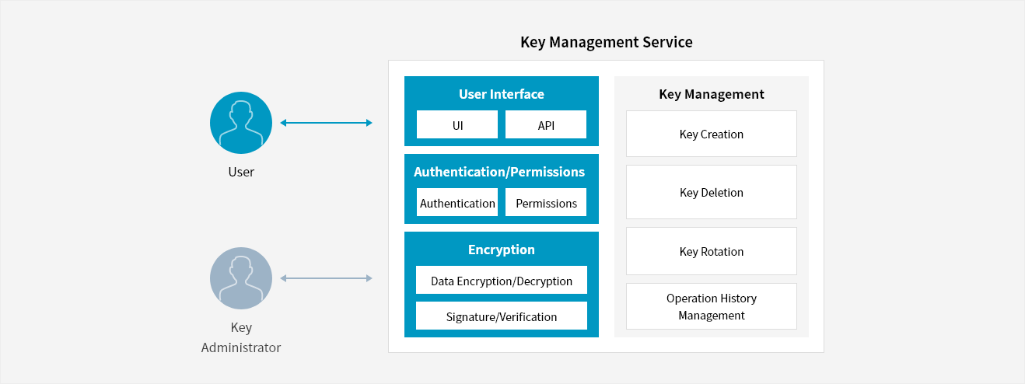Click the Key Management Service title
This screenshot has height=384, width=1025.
click(x=606, y=42)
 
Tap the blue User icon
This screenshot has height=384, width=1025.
click(x=241, y=123)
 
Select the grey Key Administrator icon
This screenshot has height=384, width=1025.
click(x=241, y=278)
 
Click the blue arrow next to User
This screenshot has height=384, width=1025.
click(x=326, y=123)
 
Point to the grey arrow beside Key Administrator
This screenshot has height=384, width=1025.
click(x=326, y=278)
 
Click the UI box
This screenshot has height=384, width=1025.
click(x=457, y=125)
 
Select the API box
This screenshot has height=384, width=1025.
click(x=546, y=125)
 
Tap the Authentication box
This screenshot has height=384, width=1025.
click(x=457, y=203)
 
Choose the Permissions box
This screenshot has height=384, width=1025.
click(x=546, y=203)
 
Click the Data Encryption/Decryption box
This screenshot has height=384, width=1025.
click(x=502, y=281)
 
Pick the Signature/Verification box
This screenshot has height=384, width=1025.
click(x=502, y=316)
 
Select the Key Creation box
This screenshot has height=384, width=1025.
click(x=711, y=134)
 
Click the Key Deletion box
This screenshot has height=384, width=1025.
click(x=711, y=192)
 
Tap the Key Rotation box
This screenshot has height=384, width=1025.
click(x=711, y=251)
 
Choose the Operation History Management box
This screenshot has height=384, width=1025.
click(x=711, y=306)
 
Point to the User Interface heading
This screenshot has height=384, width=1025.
click(x=502, y=94)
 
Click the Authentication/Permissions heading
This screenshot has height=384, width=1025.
click(x=499, y=172)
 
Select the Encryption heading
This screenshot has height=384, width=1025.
click(x=502, y=250)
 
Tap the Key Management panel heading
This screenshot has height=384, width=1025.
click(x=711, y=94)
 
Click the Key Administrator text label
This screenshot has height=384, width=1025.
click(x=241, y=337)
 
